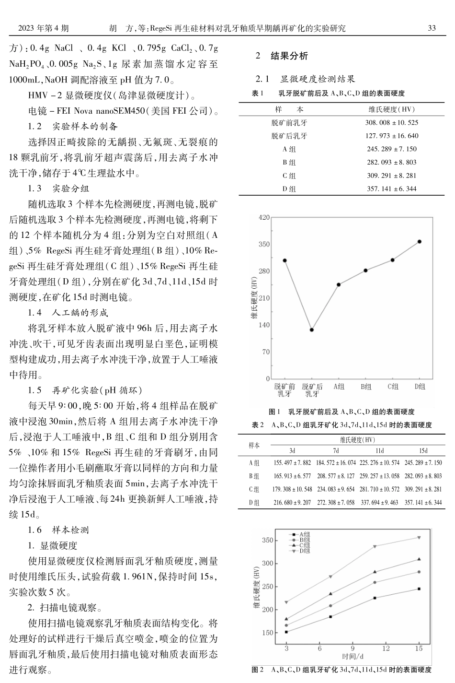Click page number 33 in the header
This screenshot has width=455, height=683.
tap(432, 28)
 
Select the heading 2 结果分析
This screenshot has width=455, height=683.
tap(282, 56)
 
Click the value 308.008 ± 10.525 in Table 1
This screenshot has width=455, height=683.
tap(391, 123)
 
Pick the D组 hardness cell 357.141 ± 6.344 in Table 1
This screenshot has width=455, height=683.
tap(391, 189)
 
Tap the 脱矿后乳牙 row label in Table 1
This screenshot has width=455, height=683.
tap(289, 136)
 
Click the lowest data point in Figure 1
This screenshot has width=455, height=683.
tap(312, 330)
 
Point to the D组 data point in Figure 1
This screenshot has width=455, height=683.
tap(420, 242)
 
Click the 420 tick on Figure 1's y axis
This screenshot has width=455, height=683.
tap(264, 217)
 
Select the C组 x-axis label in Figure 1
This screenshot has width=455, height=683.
tap(393, 387)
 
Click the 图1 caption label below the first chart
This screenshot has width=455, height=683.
tap(275, 412)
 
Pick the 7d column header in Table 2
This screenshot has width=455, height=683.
tap(336, 451)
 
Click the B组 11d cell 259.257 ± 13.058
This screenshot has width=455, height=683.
tap(379, 476)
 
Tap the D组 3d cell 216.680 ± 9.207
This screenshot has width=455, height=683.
tap(292, 503)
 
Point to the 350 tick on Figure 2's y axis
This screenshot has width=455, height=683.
tap(267, 541)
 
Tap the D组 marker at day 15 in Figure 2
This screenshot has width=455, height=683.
tap(419, 538)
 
